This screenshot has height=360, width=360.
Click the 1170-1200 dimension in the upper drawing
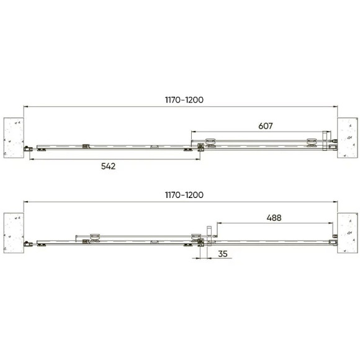tap(184, 100)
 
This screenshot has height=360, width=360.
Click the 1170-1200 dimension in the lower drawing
tap(184, 195)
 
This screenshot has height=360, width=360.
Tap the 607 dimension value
tap(266, 126)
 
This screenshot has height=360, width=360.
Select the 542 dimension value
tap(109, 166)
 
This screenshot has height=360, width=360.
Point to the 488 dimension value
tap(274, 218)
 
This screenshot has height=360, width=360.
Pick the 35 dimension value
tap(223, 254)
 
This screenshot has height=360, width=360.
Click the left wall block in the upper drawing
tap(14, 138)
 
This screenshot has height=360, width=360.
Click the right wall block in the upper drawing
tap(348, 138)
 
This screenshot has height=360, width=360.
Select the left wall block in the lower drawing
tap(14, 233)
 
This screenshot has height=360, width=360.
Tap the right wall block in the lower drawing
tap(348, 233)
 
